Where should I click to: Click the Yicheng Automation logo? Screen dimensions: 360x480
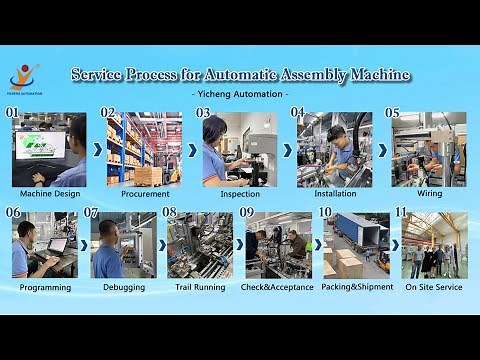[24, 75]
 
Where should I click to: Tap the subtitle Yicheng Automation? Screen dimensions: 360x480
[239, 94]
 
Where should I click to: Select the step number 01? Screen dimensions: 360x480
[13, 113]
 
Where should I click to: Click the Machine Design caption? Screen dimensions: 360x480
[49, 193]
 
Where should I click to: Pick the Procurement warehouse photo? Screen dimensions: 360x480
[144, 150]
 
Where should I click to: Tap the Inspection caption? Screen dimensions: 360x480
[240, 193]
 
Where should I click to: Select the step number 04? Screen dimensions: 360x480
[297, 113]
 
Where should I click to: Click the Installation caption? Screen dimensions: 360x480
[334, 193]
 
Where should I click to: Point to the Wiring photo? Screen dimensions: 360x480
[429, 150]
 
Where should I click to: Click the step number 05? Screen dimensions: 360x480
[392, 113]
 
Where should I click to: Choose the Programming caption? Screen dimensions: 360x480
[45, 287]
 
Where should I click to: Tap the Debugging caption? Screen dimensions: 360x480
[124, 287]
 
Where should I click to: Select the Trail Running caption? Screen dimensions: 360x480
[201, 287]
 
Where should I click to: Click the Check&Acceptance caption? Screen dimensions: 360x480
[277, 287]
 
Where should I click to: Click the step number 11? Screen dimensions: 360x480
[400, 212]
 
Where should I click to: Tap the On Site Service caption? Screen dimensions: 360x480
[434, 287]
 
